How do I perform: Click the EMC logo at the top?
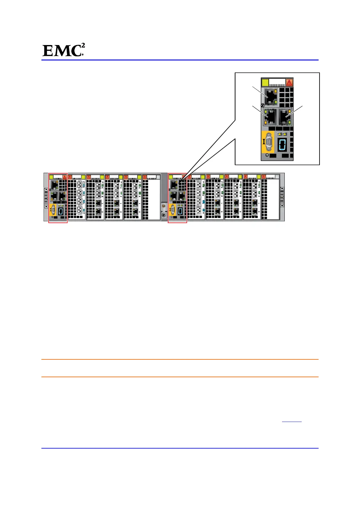point(63,50)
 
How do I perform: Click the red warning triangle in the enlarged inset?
point(289,83)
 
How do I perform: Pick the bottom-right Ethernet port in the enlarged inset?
point(285,117)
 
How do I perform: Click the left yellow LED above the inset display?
point(280,134)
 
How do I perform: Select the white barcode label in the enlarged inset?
point(277,83)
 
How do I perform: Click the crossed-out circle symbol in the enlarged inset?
point(263,105)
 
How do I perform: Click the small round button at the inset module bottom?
point(267,156)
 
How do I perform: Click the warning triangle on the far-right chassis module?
point(264,177)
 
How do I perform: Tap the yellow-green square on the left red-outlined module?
point(52,177)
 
